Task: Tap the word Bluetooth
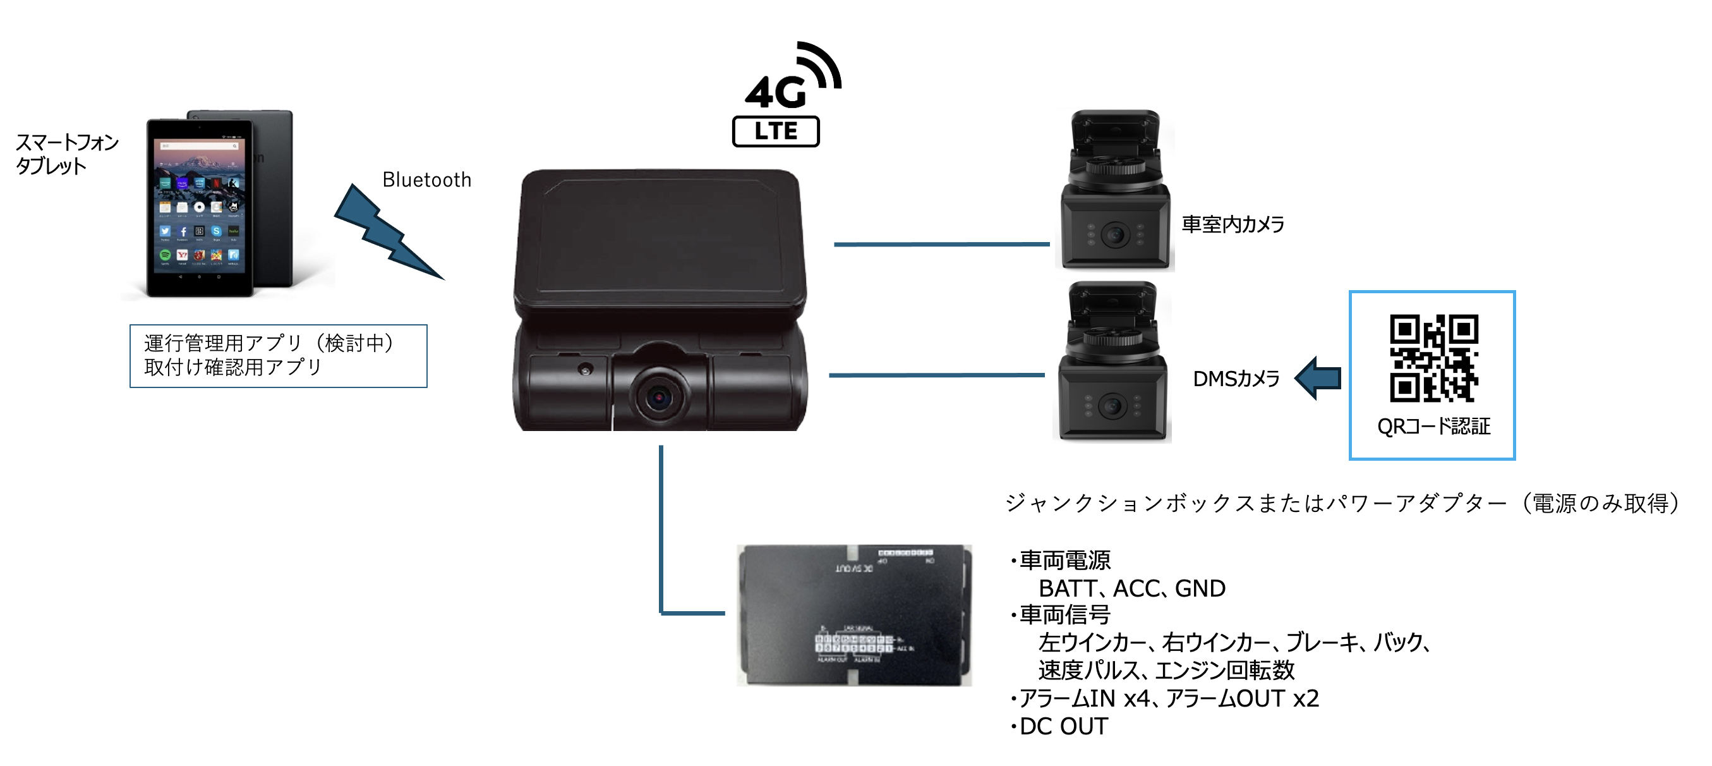pyautogui.click(x=426, y=180)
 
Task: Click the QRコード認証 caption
pyautogui.click(x=1433, y=426)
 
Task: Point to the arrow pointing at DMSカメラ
pyautogui.click(x=1318, y=379)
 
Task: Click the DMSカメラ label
pyautogui.click(x=1236, y=379)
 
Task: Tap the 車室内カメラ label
pyautogui.click(x=1233, y=225)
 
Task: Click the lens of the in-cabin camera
pyautogui.click(x=1115, y=234)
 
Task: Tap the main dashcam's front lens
pyautogui.click(x=659, y=398)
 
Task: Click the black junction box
pyautogui.click(x=854, y=615)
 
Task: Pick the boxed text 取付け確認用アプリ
pyautogui.click(x=232, y=367)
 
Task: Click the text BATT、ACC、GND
pyautogui.click(x=1132, y=588)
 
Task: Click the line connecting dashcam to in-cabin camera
pyautogui.click(x=941, y=245)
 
